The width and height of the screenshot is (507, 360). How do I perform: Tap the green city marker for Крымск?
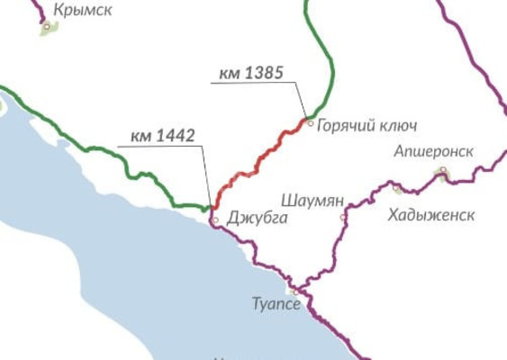pyautogui.click(x=46, y=28)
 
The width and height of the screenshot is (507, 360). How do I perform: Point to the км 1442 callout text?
pyautogui.click(x=162, y=136)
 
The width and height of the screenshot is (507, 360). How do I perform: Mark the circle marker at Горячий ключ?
pyautogui.click(x=311, y=122)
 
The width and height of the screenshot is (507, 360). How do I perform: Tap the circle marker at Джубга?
pyautogui.click(x=214, y=220)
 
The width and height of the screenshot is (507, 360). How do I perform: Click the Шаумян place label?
pyautogui.click(x=308, y=199)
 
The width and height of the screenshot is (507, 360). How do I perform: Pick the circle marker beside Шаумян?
pyautogui.click(x=342, y=217)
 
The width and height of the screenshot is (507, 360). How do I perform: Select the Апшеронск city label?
pyautogui.click(x=433, y=151)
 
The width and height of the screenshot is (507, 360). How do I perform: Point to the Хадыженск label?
pyautogui.click(x=430, y=215)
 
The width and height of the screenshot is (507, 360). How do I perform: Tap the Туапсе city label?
pyautogui.click(x=276, y=304)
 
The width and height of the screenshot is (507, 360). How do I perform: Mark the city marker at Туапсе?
pyautogui.click(x=294, y=292)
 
